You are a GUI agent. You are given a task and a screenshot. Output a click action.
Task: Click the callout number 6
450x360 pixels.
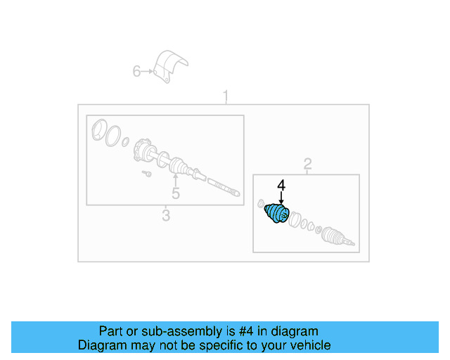coord(137,70)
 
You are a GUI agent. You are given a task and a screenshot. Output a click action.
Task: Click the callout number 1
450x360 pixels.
coord(226,95)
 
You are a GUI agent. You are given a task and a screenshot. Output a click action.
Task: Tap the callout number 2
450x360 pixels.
coord(307,165)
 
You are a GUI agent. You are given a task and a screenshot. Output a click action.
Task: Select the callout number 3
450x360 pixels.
coord(165,216)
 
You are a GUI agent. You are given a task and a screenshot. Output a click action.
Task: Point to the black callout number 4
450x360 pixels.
coord(281,186)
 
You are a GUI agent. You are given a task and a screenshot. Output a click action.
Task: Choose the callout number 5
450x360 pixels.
coord(175,193)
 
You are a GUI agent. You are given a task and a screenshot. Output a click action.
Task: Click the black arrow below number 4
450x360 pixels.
coord(281,198)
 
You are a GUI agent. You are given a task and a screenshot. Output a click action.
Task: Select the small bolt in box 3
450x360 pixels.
coord(147,173)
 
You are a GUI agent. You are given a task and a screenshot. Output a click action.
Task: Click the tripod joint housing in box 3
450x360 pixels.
coord(146,150)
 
